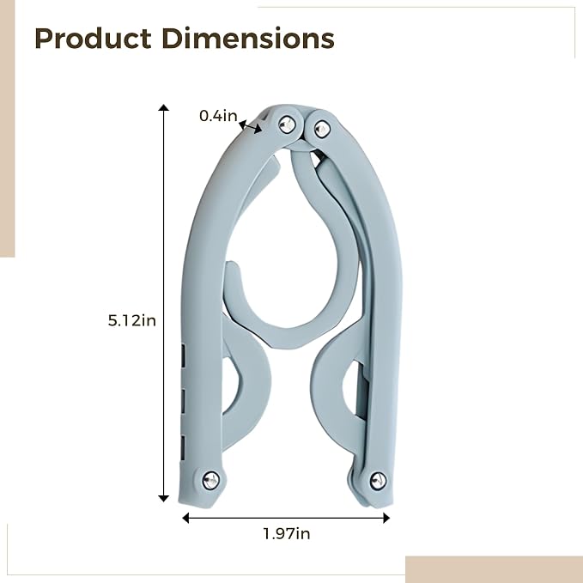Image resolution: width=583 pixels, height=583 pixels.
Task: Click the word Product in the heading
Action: [93, 39]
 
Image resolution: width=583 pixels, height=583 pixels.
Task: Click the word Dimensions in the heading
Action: [248, 39]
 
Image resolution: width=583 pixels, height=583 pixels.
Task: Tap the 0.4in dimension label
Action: [218, 116]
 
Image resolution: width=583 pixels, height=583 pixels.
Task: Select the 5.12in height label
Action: [132, 320]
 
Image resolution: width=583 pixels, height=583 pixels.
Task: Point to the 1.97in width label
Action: [287, 534]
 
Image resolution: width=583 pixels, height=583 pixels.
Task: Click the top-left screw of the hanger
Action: [287, 124]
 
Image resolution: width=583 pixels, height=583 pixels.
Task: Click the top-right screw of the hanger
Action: [322, 129]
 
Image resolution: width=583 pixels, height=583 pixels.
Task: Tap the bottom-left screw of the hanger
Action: [211, 480]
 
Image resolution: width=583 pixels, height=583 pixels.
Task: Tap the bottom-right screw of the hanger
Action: [378, 481]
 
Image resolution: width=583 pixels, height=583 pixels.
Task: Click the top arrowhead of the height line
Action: [164, 108]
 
